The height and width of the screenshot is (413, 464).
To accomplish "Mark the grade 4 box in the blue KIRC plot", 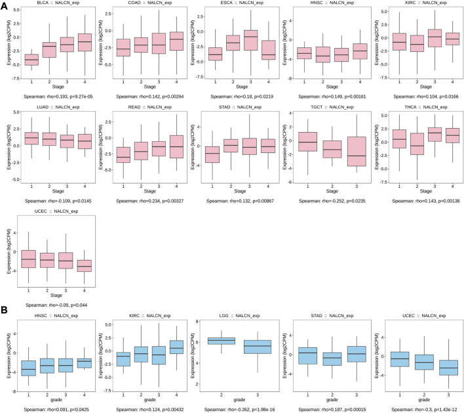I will coord(176,346).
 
